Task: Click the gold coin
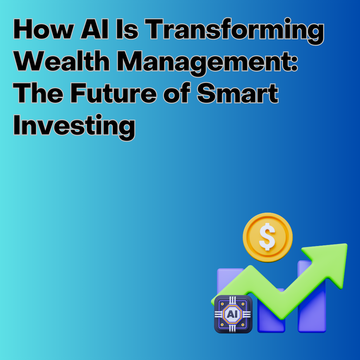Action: click(x=268, y=237)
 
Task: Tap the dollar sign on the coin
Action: click(x=267, y=237)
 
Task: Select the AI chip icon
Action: click(x=233, y=314)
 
